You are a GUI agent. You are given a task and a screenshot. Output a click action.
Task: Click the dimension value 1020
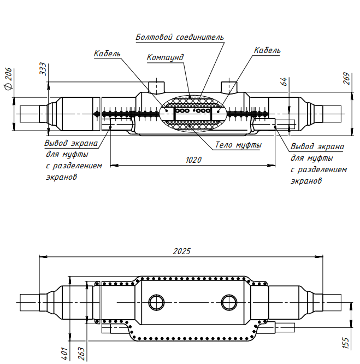click(193, 160)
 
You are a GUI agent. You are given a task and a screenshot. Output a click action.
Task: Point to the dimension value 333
click(43, 69)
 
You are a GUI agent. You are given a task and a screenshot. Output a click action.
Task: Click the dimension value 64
click(284, 81)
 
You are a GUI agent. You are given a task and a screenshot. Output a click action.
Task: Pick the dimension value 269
click(346, 78)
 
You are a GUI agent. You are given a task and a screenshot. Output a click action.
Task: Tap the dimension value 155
click(345, 343)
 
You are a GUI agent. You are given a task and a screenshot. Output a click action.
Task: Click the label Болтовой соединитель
click(179, 38)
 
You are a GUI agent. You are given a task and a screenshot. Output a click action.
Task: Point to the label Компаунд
click(165, 57)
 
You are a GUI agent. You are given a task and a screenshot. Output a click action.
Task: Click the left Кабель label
click(107, 54)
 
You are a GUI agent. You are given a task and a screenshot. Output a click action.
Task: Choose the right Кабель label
click(267, 50)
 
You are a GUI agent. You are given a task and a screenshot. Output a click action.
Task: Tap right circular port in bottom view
click(228, 302)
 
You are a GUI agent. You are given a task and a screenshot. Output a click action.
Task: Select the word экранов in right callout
click(307, 181)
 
